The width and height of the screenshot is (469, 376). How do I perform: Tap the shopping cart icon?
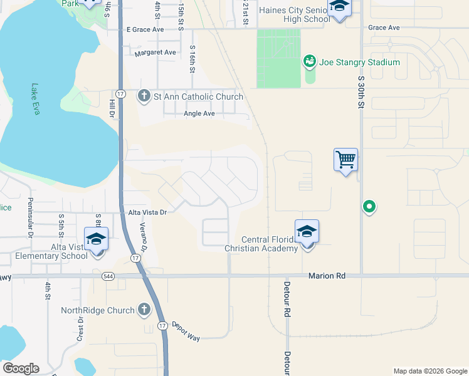pos(346,160)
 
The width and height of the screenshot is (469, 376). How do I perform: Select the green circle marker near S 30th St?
pos(369,206)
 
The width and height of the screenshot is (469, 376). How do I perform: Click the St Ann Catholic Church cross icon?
pos(143,97)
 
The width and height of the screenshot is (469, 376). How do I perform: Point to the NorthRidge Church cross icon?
pos(144,310)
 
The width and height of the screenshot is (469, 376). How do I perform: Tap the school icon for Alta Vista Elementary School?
pos(96,239)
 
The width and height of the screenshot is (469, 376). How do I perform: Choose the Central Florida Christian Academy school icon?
pos(307,232)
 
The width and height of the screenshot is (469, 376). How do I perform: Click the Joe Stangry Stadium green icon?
pos(309,61)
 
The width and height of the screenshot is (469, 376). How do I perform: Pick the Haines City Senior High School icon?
pos(339,6)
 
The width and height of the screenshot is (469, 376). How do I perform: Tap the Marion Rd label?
pos(327,276)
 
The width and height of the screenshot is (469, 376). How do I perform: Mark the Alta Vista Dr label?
pos(147,212)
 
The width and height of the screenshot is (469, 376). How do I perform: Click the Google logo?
pos(21,368)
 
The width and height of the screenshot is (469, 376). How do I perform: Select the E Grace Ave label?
pos(145,29)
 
